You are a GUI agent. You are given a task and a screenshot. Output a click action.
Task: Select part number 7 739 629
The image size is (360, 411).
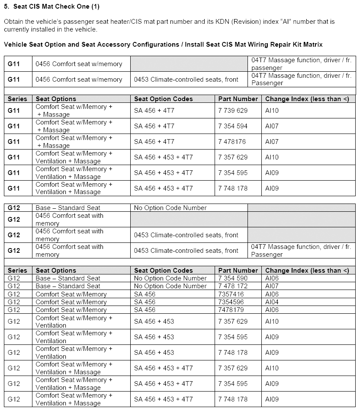coord(233,111)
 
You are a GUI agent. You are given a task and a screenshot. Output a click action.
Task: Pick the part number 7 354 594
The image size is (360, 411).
coord(233,126)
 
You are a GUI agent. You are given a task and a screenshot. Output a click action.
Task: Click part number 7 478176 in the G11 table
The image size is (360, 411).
coord(231,142)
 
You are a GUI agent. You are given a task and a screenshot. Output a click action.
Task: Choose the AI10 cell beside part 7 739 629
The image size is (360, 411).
coord(272,111)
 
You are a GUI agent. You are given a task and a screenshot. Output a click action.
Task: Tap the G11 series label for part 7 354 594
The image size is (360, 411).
coord(14,126)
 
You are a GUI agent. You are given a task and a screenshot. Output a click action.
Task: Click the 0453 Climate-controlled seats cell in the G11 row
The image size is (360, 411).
coord(186,80)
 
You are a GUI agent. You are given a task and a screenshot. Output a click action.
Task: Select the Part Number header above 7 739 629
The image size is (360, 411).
coord(238,99)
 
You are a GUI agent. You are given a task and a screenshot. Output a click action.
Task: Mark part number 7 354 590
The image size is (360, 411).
coord(233,278)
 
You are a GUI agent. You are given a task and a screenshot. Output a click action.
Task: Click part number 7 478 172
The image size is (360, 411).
coord(233,286)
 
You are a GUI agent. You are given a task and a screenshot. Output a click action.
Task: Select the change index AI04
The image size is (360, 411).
coord(272,302)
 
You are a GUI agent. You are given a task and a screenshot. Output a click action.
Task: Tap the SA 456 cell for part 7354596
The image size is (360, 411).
coord(145,302)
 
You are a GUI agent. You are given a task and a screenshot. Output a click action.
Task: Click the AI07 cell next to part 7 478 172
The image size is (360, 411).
coord(272,286)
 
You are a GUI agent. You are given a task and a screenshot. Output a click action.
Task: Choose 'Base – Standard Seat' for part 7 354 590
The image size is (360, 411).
coord(68,278)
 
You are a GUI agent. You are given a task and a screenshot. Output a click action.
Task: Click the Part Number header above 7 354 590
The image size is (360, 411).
coord(238,271)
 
